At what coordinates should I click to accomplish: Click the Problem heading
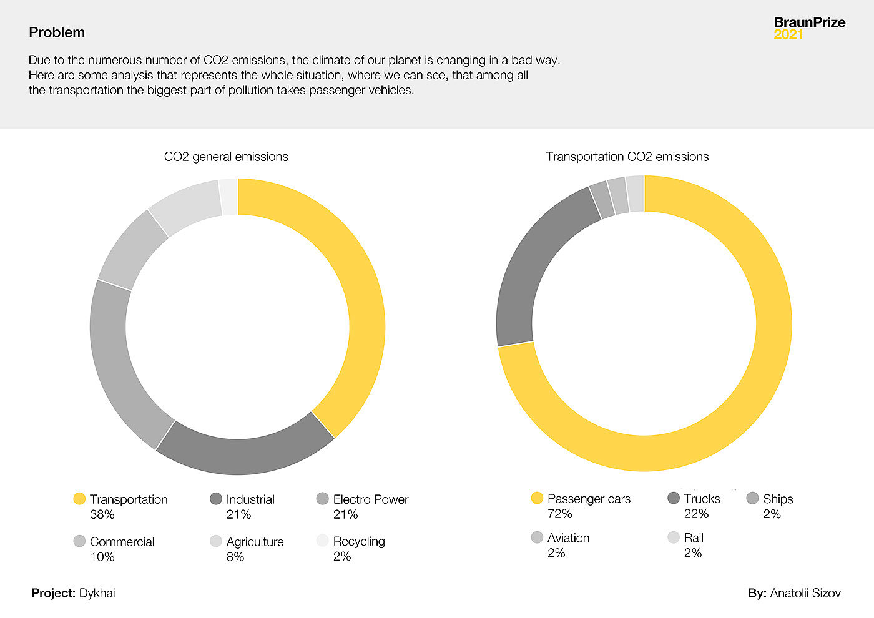(x=57, y=32)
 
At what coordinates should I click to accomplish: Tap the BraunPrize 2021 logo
(x=809, y=28)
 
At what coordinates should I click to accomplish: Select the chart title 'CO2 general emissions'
(x=226, y=157)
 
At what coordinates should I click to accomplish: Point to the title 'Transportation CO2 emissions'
(x=627, y=157)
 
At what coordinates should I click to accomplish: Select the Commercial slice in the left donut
(x=131, y=250)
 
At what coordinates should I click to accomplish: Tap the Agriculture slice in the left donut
(x=184, y=206)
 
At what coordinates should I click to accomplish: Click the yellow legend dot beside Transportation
(x=79, y=499)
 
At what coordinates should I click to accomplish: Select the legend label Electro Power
(x=370, y=499)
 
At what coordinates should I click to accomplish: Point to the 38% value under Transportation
(x=102, y=514)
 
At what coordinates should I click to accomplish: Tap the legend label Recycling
(x=359, y=541)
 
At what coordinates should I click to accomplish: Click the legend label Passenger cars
(x=589, y=499)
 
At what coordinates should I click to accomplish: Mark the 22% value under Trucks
(x=696, y=514)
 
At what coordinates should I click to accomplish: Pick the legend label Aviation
(x=568, y=537)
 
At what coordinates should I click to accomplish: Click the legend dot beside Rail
(x=673, y=537)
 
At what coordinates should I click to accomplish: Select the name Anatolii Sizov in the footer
(x=805, y=593)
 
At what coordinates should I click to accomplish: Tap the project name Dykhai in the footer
(x=97, y=593)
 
